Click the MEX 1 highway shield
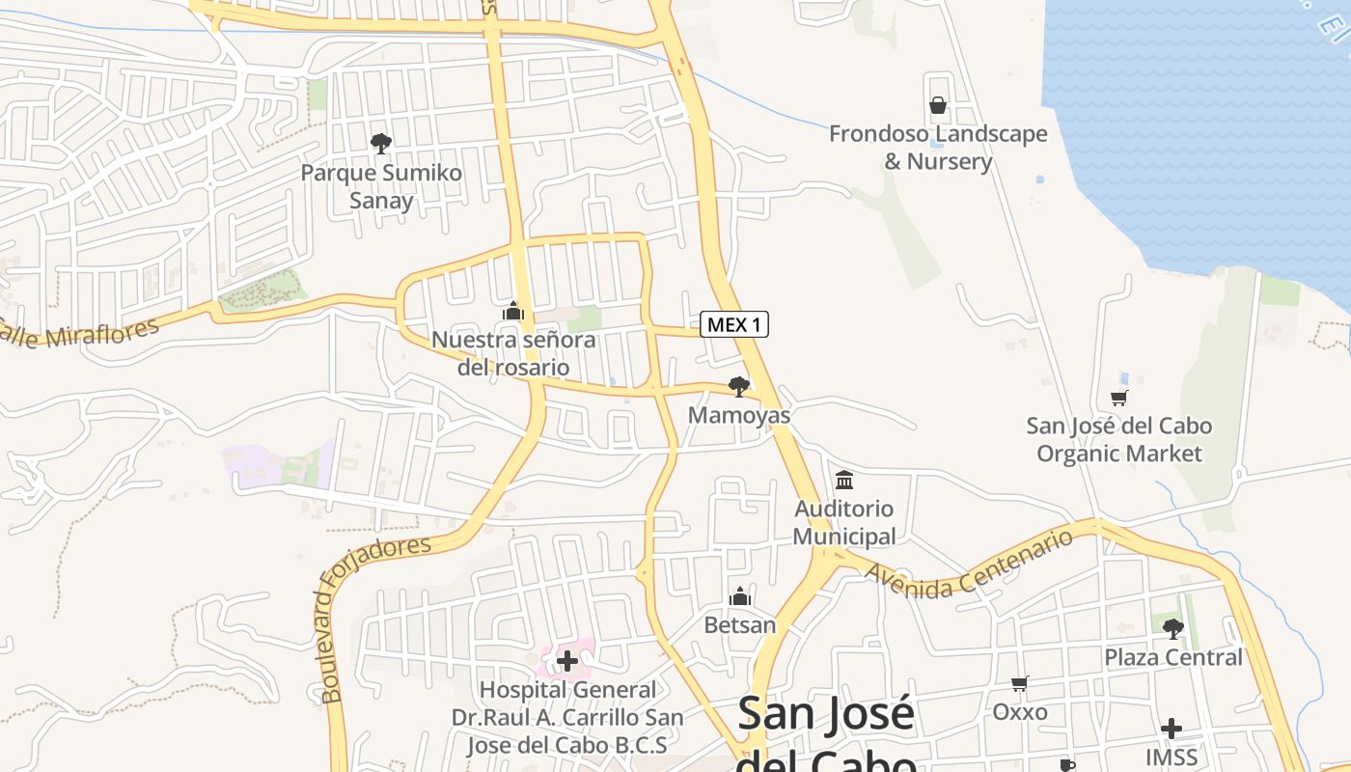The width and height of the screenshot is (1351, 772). pyautogui.click(x=733, y=324)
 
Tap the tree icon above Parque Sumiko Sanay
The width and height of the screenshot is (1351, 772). pyautogui.click(x=381, y=144)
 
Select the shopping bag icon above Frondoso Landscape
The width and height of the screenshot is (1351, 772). pyautogui.click(x=937, y=104)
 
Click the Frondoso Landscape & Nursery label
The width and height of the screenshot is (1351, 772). pyautogui.click(x=938, y=148)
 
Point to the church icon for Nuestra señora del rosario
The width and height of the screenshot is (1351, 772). pyautogui.click(x=513, y=311)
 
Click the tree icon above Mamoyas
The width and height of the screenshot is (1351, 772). pyautogui.click(x=739, y=387)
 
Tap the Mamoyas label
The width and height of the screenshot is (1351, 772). pyautogui.click(x=739, y=416)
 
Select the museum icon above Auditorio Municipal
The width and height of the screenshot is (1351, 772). pyautogui.click(x=844, y=480)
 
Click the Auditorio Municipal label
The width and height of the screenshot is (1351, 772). pyautogui.click(x=844, y=522)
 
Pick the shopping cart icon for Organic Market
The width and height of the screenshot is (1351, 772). pyautogui.click(x=1119, y=397)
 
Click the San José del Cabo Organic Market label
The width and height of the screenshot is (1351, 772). pyautogui.click(x=1119, y=439)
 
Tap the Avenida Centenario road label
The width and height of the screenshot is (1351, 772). pyautogui.click(x=969, y=564)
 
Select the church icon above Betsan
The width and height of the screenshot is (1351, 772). pyautogui.click(x=740, y=596)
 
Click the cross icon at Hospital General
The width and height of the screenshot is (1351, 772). pyautogui.click(x=567, y=661)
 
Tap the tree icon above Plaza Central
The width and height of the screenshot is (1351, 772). pyautogui.click(x=1172, y=629)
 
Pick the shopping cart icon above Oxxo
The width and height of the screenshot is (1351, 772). pyautogui.click(x=1020, y=683)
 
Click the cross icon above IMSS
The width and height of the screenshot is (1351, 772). pyautogui.click(x=1172, y=728)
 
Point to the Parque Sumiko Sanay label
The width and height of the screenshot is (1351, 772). pyautogui.click(x=381, y=187)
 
